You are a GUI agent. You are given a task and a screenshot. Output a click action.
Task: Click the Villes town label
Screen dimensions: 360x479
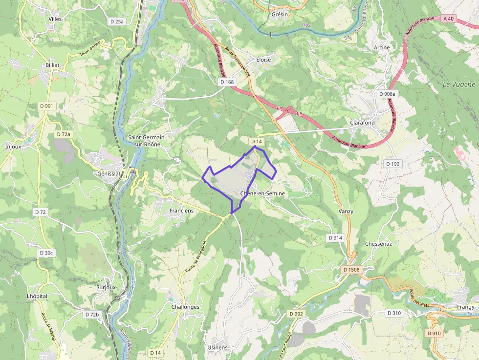[55, 19]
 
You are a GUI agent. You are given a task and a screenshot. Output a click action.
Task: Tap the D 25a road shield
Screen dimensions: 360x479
[117, 21]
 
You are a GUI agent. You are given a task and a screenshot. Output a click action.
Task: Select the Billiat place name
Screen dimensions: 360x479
[52, 65]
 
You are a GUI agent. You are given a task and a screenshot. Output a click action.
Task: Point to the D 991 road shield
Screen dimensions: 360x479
[47, 106]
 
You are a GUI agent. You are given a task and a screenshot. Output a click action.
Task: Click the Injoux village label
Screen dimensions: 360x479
[13, 147]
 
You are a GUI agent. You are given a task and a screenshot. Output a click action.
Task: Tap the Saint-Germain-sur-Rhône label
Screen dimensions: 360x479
[147, 141]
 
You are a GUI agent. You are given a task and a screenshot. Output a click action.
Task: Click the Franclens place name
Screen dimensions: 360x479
[181, 211]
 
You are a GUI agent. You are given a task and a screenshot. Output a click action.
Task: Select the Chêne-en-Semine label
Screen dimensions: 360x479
[262, 193]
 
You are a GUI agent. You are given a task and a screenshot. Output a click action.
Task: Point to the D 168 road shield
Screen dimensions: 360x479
[227, 82]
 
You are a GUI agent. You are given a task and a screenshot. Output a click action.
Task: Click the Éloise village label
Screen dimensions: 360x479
[263, 60]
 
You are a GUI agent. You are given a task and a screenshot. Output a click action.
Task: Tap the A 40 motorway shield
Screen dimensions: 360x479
[448, 19]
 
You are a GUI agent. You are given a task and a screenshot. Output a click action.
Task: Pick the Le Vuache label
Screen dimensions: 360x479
[458, 84]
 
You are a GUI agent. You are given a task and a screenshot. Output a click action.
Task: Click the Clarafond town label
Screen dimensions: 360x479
[362, 123]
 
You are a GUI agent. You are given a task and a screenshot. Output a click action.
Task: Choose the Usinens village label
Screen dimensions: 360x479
[217, 347]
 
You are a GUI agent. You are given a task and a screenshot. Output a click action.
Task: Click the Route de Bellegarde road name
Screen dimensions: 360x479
[196, 257]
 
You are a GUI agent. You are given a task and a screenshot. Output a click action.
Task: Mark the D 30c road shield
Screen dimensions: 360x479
[46, 253]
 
